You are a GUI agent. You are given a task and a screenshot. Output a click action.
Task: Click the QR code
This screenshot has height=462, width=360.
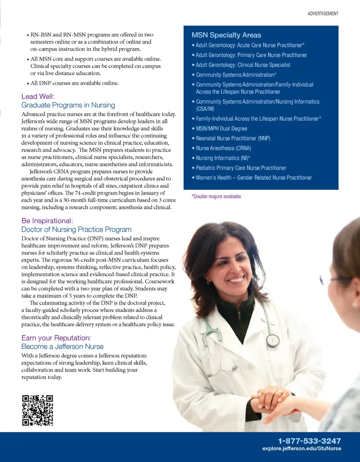(37, 410)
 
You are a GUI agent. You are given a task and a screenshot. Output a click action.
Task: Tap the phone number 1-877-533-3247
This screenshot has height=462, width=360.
(309, 441)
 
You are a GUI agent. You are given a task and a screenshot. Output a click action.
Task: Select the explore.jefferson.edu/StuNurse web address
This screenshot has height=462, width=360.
(301, 448)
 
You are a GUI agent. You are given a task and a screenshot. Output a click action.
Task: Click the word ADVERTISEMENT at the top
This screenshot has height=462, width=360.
(323, 14)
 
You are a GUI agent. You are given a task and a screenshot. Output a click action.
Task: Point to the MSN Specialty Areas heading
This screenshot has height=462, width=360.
(226, 35)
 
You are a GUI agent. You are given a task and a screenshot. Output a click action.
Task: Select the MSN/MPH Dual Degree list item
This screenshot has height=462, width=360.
(221, 129)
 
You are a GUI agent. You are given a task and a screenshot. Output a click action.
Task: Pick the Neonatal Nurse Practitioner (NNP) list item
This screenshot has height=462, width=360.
(233, 138)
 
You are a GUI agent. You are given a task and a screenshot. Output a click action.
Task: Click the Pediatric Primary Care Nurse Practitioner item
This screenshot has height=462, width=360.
(241, 168)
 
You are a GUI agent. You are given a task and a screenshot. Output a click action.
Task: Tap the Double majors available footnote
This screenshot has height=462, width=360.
(216, 196)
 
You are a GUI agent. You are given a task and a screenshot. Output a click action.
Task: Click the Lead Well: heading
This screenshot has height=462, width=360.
(38, 97)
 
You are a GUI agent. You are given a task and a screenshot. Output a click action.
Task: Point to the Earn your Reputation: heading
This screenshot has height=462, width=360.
(56, 338)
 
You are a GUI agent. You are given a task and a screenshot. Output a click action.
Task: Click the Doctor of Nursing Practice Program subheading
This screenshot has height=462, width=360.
(76, 229)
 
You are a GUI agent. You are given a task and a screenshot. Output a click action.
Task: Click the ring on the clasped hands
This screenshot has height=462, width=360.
(279, 392)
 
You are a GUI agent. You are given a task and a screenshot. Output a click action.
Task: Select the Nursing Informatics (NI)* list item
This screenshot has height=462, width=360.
(223, 158)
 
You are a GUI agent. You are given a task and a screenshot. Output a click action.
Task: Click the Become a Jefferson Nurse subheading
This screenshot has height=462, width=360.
(62, 346)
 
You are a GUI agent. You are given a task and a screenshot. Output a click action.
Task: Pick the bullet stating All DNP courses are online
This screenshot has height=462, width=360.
(74, 83)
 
